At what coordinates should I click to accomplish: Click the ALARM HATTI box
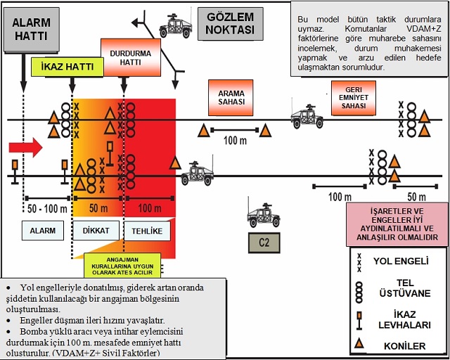coord(31,29)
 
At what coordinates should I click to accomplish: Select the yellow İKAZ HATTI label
coord(67,67)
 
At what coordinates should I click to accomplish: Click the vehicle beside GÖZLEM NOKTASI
coord(176,23)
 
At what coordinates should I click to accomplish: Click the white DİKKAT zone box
coord(96,231)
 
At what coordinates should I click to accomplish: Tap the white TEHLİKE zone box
coord(148,231)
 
